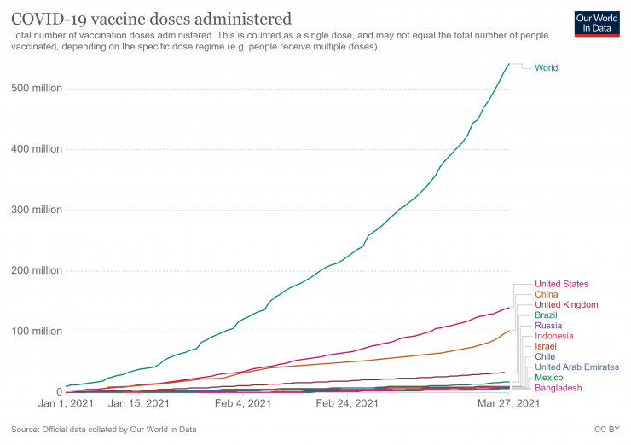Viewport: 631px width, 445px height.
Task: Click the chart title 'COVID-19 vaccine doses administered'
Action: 150,18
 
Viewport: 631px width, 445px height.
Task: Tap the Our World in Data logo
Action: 595,23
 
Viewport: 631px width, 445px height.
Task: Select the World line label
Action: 547,68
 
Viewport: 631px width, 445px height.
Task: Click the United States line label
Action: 561,284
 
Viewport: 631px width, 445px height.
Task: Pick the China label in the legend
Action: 547,294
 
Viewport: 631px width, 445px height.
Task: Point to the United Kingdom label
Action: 566,304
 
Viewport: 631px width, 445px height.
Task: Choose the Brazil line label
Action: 547,315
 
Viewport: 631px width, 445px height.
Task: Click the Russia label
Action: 547,326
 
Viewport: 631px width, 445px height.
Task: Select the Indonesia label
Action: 555,336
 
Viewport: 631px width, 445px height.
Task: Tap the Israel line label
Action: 546,347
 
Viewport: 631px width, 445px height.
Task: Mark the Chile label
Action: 545,357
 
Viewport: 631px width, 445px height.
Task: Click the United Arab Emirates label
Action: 576,367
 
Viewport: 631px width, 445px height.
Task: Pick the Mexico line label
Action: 548,378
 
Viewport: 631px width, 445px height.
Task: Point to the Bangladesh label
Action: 558,388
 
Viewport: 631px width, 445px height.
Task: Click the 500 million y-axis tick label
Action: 37,89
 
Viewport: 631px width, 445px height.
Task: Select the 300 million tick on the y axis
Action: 37,211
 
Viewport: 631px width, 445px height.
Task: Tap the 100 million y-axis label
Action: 37,332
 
